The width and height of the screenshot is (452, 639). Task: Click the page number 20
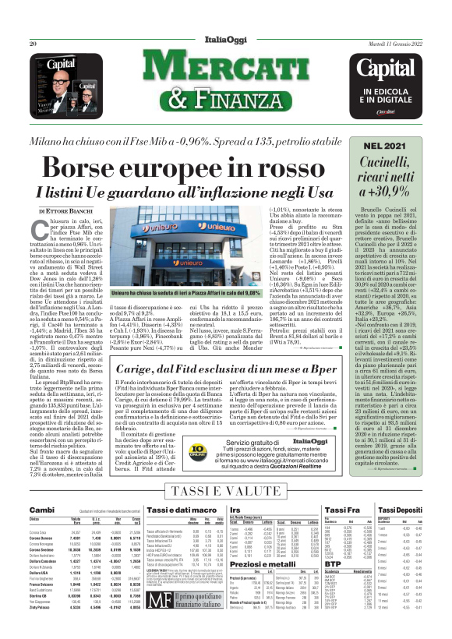34,44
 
